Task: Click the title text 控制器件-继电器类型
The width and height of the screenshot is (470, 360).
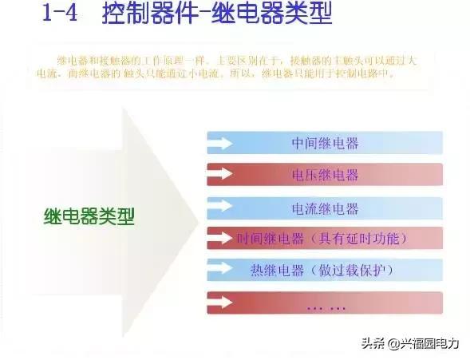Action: pos(217,16)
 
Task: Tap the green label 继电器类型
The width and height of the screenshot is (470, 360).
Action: pos(89,216)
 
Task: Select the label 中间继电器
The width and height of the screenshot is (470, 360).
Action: pos(325,144)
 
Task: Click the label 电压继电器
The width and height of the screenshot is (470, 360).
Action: pos(325,175)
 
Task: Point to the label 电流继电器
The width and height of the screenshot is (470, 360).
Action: pos(325,209)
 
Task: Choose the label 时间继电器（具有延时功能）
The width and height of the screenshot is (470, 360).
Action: pos(322,239)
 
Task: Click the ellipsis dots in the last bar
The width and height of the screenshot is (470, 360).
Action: pos(326,305)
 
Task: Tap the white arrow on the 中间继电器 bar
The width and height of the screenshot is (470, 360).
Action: pos(221,144)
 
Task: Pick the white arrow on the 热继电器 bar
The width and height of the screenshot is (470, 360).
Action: pos(221,268)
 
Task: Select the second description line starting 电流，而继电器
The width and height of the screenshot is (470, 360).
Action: pos(215,73)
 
